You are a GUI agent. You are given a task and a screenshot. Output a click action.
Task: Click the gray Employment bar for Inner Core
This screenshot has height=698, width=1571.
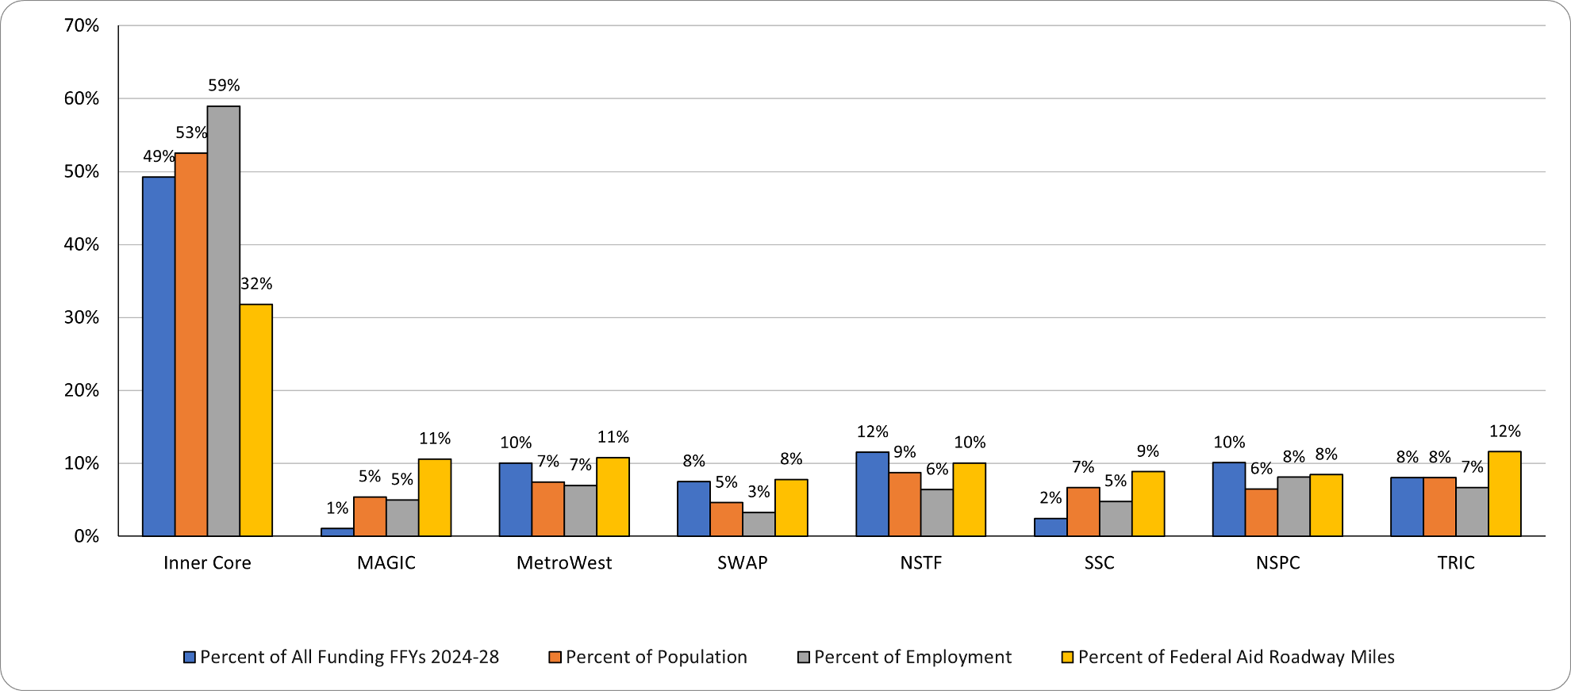224,321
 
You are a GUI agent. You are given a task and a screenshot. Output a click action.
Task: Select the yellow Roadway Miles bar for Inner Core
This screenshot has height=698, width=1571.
256,420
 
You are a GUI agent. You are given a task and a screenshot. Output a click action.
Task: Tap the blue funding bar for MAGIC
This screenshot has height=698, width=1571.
337,532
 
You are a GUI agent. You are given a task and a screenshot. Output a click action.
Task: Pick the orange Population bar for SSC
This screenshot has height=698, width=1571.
1083,512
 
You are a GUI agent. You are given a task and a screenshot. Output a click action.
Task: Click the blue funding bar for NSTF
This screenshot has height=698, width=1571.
872,494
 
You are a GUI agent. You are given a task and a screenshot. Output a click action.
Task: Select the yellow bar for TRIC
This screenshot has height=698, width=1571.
1504,494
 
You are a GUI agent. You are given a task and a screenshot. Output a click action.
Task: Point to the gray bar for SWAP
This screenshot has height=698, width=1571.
759,524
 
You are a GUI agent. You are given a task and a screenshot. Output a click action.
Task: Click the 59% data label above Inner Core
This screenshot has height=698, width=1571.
224,85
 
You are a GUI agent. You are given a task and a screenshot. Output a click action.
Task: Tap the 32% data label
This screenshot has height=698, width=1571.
256,283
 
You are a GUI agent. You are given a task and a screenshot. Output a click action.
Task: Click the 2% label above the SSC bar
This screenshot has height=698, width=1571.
1051,497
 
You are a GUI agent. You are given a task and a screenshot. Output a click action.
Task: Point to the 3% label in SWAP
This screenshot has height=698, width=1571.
759,491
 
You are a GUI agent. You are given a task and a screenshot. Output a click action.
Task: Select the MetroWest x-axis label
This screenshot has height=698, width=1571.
564,562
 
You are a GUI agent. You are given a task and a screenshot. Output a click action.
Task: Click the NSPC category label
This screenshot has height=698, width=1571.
1277,562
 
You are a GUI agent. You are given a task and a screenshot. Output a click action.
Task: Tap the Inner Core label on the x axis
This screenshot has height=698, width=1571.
207,562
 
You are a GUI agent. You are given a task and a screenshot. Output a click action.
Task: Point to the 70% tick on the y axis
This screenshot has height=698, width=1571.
81,25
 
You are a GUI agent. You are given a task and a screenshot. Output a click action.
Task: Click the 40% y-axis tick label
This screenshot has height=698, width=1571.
81,244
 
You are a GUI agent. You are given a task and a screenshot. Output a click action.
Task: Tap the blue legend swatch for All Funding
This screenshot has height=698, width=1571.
190,657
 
